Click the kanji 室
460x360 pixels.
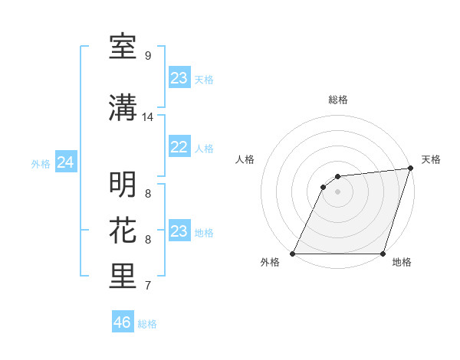click(123, 47)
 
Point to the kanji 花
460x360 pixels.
click(123, 231)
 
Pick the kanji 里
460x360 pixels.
click(123, 277)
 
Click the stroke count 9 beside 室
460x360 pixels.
click(147, 56)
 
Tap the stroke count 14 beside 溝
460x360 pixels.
click(148, 117)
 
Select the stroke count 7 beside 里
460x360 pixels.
click(147, 286)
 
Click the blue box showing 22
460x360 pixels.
click(179, 147)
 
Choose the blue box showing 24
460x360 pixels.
click(66, 162)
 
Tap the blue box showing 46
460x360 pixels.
click(123, 322)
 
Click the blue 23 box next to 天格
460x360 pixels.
click(179, 78)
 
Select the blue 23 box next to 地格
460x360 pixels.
click(179, 231)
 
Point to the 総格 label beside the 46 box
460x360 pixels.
click(147, 324)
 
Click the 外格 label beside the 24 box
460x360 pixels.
click(41, 164)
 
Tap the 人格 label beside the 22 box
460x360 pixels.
click(204, 149)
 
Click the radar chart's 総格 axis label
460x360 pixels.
click(338, 100)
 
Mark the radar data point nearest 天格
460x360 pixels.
click(411, 169)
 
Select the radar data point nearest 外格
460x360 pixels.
click(293, 254)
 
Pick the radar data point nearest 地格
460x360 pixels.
click(383, 254)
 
